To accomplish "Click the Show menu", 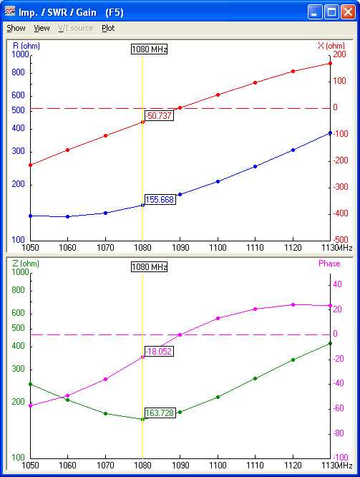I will click(x=16, y=28).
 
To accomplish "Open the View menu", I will click(x=42, y=28).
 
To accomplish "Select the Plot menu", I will click(x=108, y=28).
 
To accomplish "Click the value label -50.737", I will click(x=158, y=116).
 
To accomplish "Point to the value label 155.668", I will click(x=160, y=200).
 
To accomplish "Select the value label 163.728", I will click(x=160, y=413).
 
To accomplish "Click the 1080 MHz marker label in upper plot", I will click(x=149, y=49).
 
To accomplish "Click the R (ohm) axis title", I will click(x=26, y=46).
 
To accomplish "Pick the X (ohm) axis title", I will click(x=331, y=46).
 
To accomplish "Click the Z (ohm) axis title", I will click(x=26, y=264).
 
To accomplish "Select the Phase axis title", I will click(x=329, y=264).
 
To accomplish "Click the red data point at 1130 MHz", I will click(x=329, y=64).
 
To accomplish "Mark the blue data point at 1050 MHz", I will click(x=30, y=216).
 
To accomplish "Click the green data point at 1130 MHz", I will click(x=329, y=344).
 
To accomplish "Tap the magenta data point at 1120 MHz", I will click(x=292, y=304).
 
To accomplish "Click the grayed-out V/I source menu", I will click(x=75, y=28).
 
